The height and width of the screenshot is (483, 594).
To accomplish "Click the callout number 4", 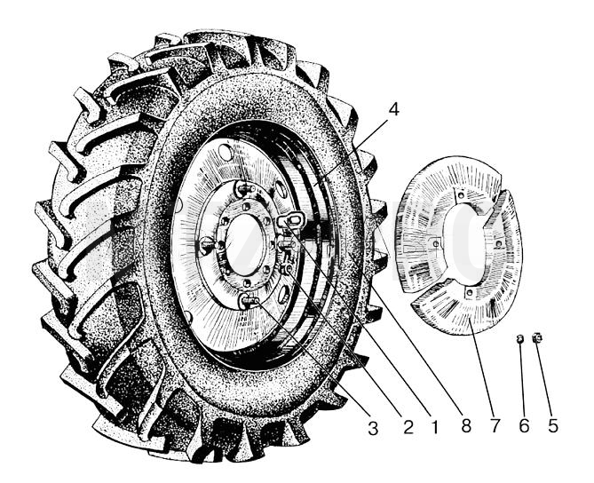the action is (394, 109).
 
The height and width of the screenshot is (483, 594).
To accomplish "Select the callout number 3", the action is (373, 429).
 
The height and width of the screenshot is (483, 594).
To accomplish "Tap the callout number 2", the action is (408, 427).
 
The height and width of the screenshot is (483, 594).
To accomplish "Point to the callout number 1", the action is (435, 427).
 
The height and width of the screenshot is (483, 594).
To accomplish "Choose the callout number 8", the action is (465, 426).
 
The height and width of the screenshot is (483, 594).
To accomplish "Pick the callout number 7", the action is (495, 426).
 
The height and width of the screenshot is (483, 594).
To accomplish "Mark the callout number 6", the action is (524, 426).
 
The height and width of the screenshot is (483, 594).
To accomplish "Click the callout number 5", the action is (552, 426).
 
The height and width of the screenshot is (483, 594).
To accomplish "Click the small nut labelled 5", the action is (537, 337).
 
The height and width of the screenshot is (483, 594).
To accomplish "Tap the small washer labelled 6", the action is (521, 338).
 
